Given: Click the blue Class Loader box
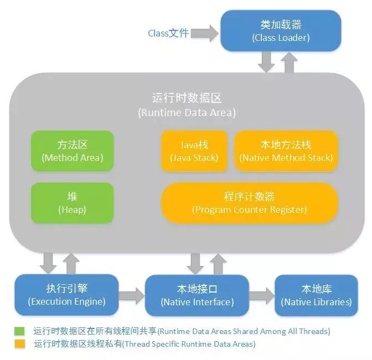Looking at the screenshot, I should (281, 31).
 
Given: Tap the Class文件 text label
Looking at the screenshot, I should (168, 33).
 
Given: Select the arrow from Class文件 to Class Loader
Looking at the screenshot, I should (204, 33).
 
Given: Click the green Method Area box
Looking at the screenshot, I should (73, 150).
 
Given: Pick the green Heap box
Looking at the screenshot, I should (73, 203).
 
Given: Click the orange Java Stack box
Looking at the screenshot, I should (194, 150).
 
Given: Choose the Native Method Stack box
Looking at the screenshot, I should (286, 150).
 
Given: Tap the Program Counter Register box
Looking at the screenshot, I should (249, 203).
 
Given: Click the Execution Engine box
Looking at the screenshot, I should (66, 295).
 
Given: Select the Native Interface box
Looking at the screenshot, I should (197, 295).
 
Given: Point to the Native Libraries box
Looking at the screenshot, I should (316, 295).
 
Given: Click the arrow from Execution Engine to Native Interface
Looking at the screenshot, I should (132, 295).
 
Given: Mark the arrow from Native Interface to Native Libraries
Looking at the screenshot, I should (262, 295).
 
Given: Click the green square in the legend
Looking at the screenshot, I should (20, 331).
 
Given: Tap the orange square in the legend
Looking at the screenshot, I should (20, 344).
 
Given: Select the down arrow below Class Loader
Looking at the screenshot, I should (267, 62).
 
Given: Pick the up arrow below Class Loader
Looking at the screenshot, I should (289, 62).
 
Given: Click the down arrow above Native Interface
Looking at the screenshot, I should (195, 263).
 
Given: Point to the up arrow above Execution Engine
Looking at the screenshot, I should (71, 263).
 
